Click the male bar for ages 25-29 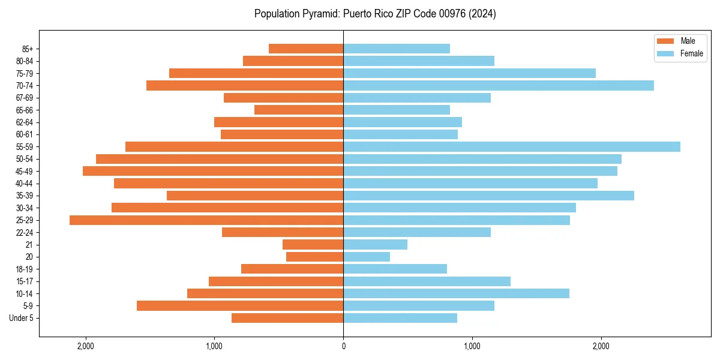click(x=206, y=220)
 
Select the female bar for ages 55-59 click(x=512, y=146)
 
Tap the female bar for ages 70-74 click(x=499, y=86)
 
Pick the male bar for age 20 click(x=314, y=257)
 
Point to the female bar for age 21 click(x=375, y=245)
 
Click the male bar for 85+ click(x=306, y=49)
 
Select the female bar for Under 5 click(x=400, y=318)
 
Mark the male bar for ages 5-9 click(x=240, y=306)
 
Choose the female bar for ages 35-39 click(x=488, y=196)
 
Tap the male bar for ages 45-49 click(x=213, y=171)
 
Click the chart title click(x=375, y=14)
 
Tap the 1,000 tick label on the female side click(x=472, y=346)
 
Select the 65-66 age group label click(x=25, y=110)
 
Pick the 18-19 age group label click(x=25, y=269)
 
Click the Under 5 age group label click(x=22, y=318)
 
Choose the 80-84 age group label click(x=25, y=61)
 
